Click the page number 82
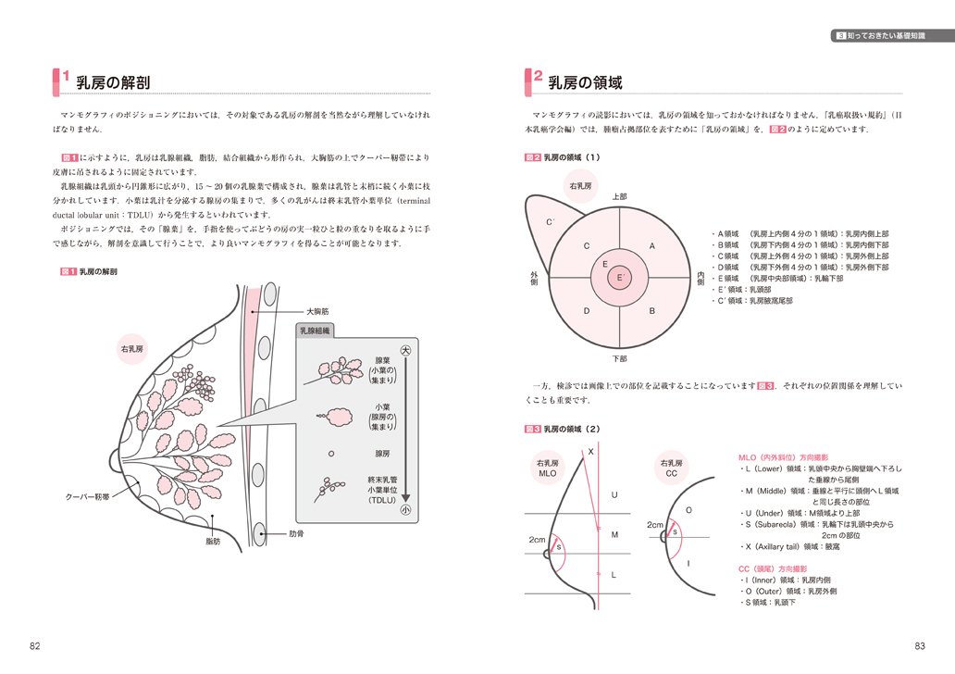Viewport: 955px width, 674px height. pyautogui.click(x=34, y=645)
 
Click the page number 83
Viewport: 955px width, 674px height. pyautogui.click(x=920, y=645)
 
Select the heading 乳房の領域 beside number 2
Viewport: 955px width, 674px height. pyautogui.click(x=585, y=83)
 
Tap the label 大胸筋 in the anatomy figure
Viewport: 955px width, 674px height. pyautogui.click(x=318, y=312)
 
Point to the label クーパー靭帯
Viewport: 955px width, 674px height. pyautogui.click(x=89, y=497)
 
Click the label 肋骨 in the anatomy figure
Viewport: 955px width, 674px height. pyautogui.click(x=297, y=534)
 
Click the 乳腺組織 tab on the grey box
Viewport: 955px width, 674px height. pyautogui.click(x=316, y=331)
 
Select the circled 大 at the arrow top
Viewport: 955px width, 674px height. pyautogui.click(x=404, y=352)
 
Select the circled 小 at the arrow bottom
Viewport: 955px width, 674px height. pyautogui.click(x=404, y=509)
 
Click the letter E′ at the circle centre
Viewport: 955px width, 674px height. pyautogui.click(x=622, y=277)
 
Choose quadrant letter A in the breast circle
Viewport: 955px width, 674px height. pyautogui.click(x=651, y=246)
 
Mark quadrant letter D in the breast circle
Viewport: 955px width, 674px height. pyautogui.click(x=586, y=311)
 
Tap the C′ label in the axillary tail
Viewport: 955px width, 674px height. pyautogui.click(x=550, y=222)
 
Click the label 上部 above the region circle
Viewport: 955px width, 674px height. pyautogui.click(x=619, y=196)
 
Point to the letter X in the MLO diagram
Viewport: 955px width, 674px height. pyautogui.click(x=590, y=452)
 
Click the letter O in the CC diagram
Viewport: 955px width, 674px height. pyautogui.click(x=688, y=510)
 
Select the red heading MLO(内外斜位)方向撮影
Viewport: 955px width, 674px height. pyautogui.click(x=783, y=457)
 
